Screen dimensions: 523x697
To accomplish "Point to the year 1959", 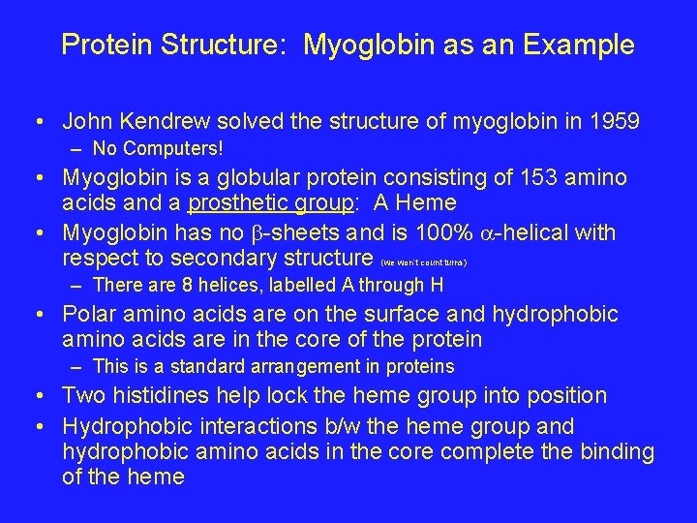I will click(613, 122).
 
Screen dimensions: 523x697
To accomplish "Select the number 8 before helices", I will click(178, 286).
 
